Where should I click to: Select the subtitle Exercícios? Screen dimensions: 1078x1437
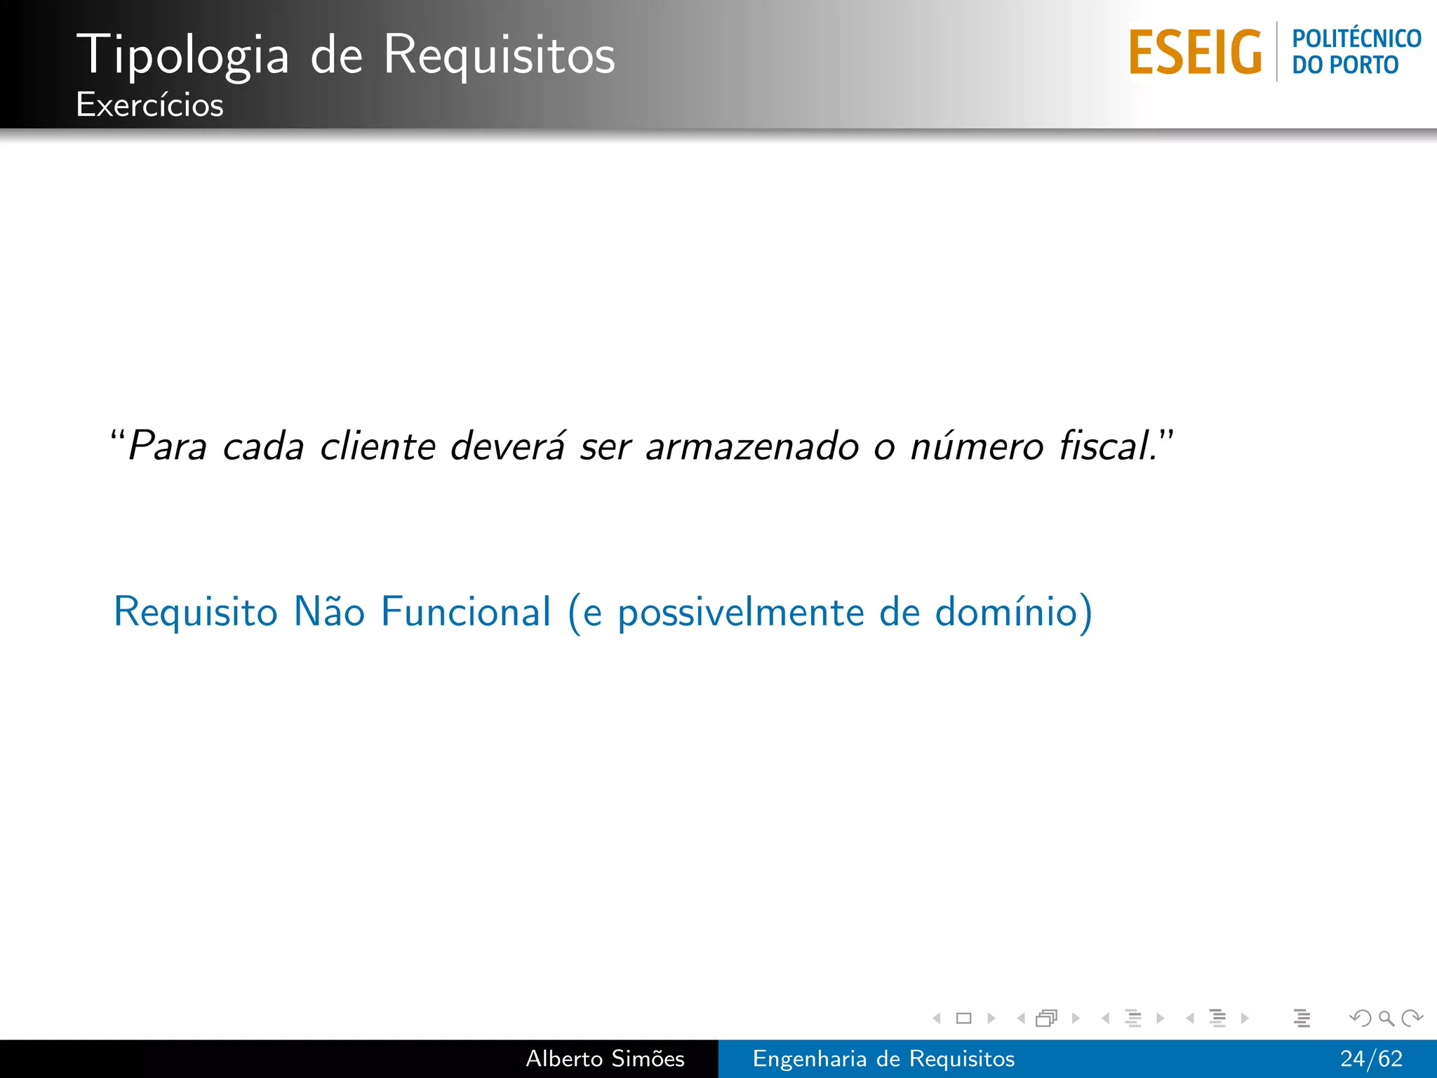point(149,105)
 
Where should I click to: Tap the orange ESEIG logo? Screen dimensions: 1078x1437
point(1195,53)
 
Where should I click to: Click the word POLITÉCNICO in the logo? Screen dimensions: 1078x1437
point(1356,39)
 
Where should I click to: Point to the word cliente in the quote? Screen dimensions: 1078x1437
point(377,446)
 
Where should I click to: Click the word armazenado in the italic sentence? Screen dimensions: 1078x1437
point(751,446)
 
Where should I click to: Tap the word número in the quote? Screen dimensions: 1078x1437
point(976,446)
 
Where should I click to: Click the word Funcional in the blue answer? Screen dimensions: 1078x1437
point(466,611)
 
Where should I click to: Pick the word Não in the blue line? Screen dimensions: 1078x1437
point(329,611)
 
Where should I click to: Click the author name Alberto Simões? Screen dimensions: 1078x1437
point(605,1058)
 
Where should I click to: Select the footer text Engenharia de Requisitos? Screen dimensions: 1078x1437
point(883,1058)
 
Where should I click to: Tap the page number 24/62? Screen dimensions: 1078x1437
point(1371,1058)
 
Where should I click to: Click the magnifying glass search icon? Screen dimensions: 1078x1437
point(1386,1018)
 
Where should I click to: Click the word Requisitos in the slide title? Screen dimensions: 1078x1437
point(499,55)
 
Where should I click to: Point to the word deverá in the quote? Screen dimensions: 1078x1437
point(507,446)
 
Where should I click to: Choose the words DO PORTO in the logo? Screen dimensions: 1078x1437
point(1345,65)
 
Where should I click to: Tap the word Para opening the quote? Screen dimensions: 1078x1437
point(167,446)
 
